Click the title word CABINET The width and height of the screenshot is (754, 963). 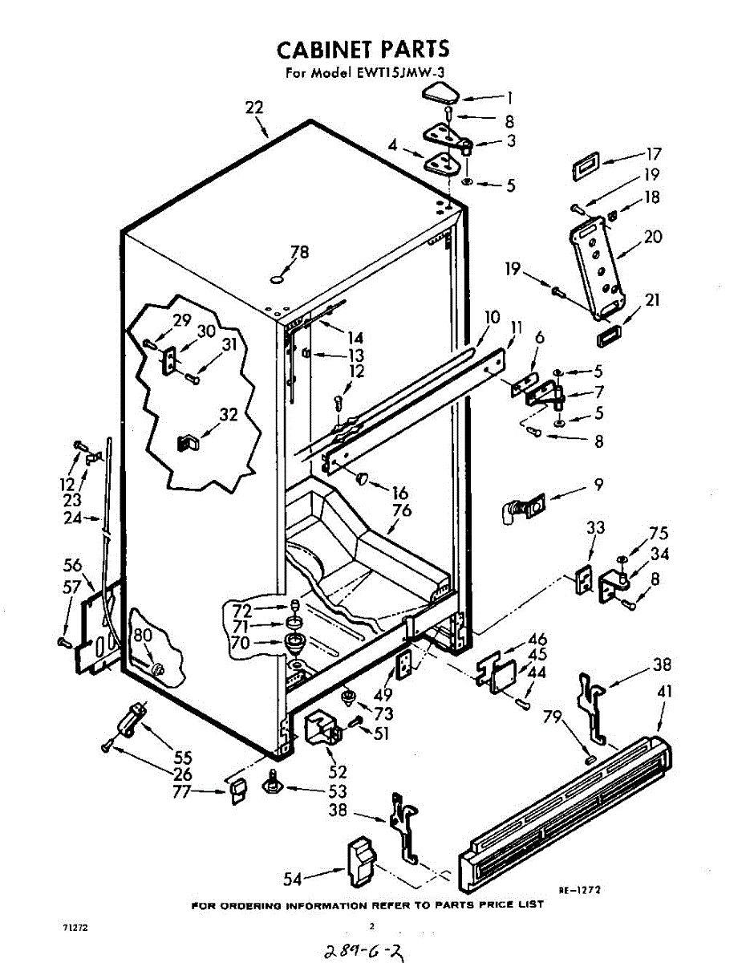pos(325,49)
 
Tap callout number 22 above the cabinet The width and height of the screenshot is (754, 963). pos(254,108)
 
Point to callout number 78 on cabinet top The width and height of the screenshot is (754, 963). pos(299,252)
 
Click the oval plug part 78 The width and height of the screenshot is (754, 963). pos(276,279)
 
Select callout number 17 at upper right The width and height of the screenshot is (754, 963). pos(654,154)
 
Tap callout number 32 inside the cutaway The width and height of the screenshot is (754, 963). pos(229,415)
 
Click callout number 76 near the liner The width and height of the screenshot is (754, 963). pos(402,510)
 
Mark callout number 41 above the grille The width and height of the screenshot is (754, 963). pos(664,691)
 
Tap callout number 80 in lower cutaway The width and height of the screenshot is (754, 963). pos(143,636)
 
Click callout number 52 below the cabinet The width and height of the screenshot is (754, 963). pos(338,772)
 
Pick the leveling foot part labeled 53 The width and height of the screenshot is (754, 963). pos(273,785)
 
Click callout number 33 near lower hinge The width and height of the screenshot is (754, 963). pos(595,528)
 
